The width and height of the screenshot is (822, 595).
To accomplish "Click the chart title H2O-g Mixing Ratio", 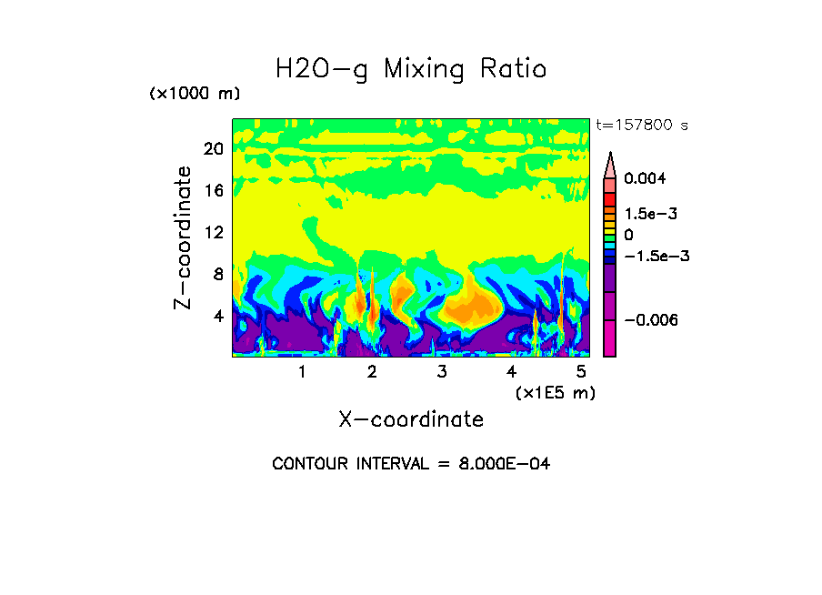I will pyautogui.click(x=411, y=69).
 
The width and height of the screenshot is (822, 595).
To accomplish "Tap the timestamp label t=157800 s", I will pyautogui.click(x=641, y=125).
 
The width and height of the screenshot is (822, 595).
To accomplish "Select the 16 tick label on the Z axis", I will pyautogui.click(x=213, y=190).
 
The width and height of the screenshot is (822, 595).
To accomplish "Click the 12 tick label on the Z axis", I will pyautogui.click(x=213, y=232).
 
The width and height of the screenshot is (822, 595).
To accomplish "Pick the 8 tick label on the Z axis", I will pyautogui.click(x=217, y=274).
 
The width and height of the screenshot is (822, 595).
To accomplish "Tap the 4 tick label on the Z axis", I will pyautogui.click(x=217, y=316).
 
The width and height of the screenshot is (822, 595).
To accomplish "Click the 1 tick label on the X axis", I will pyautogui.click(x=302, y=371).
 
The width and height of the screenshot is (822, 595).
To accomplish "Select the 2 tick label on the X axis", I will pyautogui.click(x=372, y=371).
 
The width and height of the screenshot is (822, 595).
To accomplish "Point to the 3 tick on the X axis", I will pyautogui.click(x=442, y=371).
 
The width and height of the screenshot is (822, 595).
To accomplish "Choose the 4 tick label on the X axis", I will pyautogui.click(x=512, y=371).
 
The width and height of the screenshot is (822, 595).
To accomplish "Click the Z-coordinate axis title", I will pyautogui.click(x=184, y=237).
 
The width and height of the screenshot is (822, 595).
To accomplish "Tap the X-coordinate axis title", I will pyautogui.click(x=411, y=419).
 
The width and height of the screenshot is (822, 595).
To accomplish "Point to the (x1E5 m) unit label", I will pyautogui.click(x=555, y=392).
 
